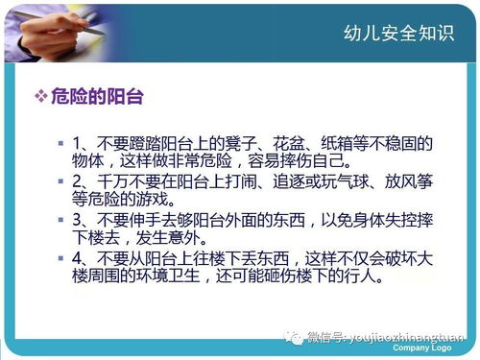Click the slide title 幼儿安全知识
(397, 34)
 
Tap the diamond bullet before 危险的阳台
(40, 98)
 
